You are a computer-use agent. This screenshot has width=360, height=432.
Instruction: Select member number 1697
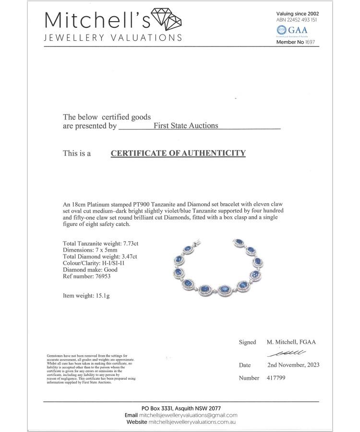coord(312,42)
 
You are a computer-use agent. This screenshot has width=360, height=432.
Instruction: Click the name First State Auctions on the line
coord(186,126)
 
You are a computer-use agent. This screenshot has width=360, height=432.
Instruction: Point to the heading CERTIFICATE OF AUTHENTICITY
coord(178,153)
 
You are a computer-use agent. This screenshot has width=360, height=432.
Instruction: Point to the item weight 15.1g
coord(101,295)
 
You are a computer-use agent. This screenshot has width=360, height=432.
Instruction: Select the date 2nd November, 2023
coord(293,365)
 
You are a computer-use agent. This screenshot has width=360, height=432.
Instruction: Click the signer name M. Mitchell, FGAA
coord(291,342)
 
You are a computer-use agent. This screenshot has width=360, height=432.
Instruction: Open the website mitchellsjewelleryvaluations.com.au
coord(192,422)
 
